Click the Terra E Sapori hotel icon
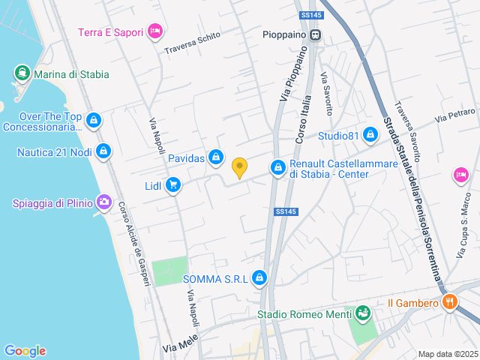155,31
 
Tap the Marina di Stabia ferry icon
22,74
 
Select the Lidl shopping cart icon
173,185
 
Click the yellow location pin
239,168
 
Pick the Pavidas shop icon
216,157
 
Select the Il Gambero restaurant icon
451,303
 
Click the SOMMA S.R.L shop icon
259,279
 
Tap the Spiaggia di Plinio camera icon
104,202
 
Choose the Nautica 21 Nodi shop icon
103,152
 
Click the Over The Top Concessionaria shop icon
94,121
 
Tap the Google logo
25,351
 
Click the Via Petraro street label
456,115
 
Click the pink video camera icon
460,175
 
